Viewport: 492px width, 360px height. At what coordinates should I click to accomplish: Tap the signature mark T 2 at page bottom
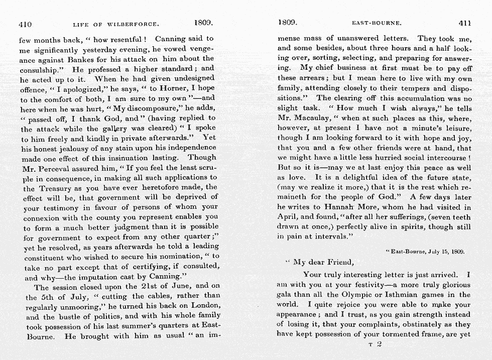point(376,344)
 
